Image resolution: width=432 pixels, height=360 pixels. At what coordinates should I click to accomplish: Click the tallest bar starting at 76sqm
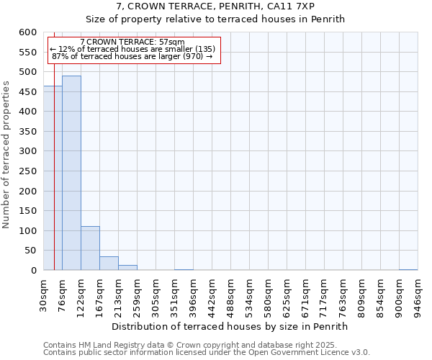click(x=71, y=173)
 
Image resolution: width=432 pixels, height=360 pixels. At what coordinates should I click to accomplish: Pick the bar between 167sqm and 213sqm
click(x=109, y=264)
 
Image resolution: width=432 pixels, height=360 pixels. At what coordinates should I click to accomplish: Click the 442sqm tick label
click(x=212, y=296)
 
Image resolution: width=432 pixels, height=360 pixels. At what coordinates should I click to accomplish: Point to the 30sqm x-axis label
click(x=43, y=296)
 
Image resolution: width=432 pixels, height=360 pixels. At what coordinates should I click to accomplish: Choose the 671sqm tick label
click(x=305, y=296)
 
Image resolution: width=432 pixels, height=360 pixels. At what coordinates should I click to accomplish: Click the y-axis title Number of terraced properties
click(x=6, y=154)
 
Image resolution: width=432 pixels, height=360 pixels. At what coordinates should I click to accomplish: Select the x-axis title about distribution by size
click(x=230, y=326)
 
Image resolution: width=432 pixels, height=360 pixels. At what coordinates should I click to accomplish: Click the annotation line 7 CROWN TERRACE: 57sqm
click(x=132, y=42)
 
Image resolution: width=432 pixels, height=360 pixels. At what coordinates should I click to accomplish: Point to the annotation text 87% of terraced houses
click(x=132, y=56)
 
